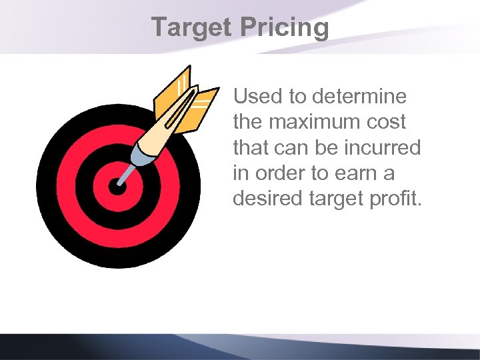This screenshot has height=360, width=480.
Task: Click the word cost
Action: (x=391, y=122)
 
